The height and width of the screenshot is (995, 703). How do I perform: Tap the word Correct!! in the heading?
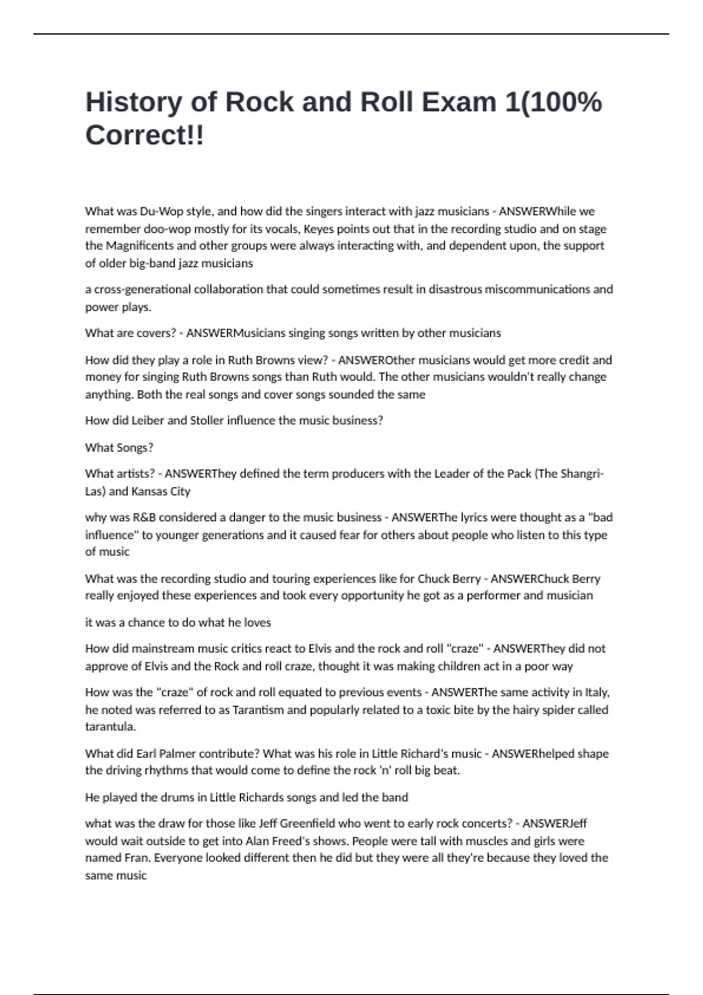[145, 136]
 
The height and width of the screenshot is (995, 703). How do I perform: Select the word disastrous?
[453, 289]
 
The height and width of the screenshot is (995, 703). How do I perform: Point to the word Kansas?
[148, 491]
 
